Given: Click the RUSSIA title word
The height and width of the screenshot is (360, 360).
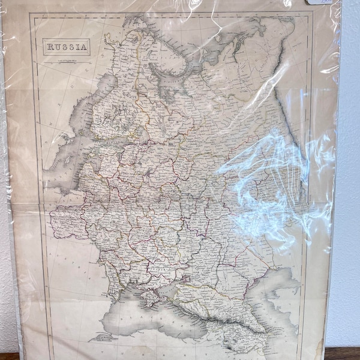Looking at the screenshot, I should click(x=67, y=46).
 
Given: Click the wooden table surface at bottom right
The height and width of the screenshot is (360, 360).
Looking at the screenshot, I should click(x=345, y=354).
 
